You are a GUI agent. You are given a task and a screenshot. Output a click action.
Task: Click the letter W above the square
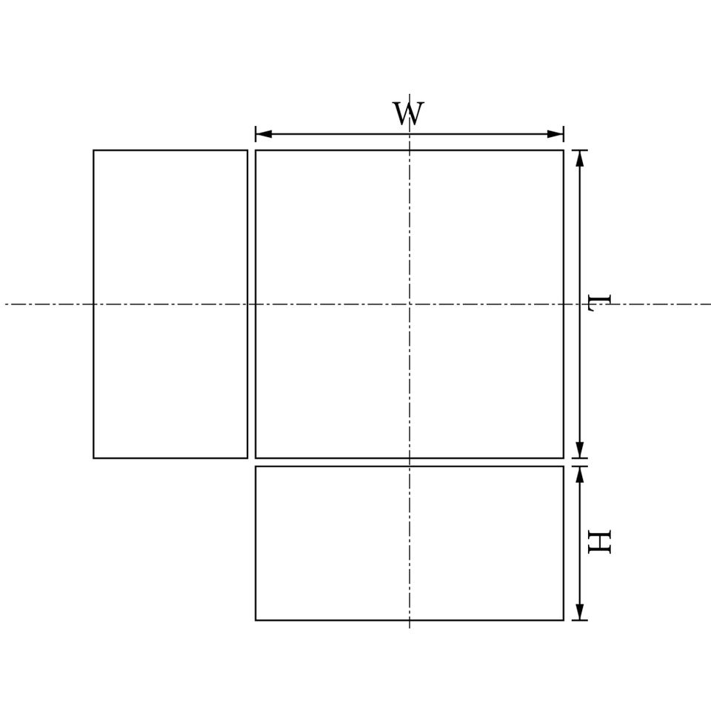[408, 114]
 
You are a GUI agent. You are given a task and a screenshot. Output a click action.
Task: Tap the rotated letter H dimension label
[599, 542]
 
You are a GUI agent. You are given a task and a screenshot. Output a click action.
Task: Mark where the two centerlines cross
[410, 304]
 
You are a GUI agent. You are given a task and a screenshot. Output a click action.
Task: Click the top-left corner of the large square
[256, 150]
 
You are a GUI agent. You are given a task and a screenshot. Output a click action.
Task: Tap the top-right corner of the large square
[564, 150]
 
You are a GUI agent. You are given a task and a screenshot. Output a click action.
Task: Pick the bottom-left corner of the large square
[256, 458]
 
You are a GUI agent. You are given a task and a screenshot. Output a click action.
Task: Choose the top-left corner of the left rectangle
[93, 150]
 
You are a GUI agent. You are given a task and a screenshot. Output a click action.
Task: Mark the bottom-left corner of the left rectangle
[93, 458]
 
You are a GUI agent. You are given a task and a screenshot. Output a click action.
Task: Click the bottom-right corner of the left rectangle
[247, 458]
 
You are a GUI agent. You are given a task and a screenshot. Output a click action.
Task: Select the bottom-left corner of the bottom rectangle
[256, 620]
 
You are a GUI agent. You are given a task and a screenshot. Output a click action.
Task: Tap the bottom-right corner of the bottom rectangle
[564, 620]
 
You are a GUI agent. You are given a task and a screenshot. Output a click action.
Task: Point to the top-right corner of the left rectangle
[247, 150]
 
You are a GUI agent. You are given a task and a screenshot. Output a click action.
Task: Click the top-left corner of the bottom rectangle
[256, 466]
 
